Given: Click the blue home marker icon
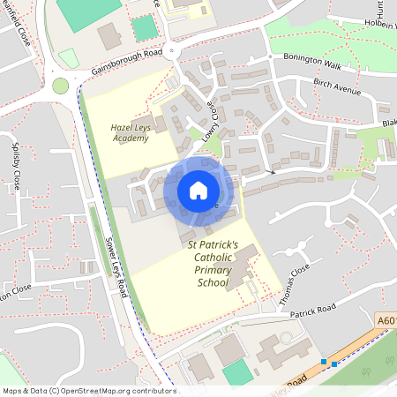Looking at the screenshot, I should [x=198, y=191].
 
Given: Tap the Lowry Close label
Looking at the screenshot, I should [x=210, y=119].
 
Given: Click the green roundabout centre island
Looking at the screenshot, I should [x=60, y=86].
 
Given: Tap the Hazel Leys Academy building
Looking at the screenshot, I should [x=143, y=124].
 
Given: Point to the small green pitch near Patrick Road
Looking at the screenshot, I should [x=236, y=373].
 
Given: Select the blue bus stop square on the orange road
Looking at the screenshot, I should [x=325, y=362].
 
